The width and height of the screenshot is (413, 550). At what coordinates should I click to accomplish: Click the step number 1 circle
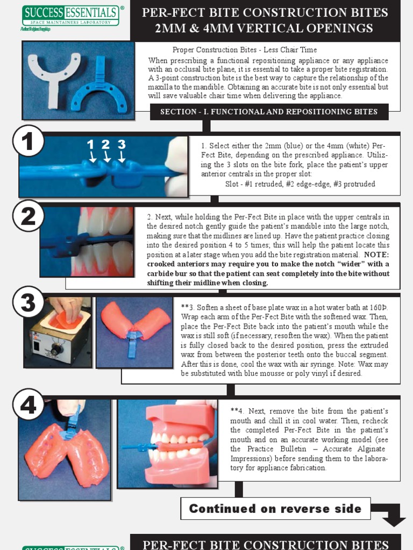[x=28, y=141]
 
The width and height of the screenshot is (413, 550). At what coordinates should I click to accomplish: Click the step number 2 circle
[x=28, y=215]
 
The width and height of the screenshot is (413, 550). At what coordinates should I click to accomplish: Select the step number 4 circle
[x=28, y=404]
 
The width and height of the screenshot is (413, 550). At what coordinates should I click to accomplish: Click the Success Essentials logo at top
[x=70, y=16]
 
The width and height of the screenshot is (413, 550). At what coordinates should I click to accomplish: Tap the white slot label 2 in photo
[x=106, y=144]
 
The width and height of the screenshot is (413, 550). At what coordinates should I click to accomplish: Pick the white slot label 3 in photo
[x=122, y=144]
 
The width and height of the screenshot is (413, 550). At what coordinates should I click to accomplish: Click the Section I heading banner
[x=269, y=112]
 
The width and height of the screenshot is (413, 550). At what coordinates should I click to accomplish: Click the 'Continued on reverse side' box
[x=275, y=508]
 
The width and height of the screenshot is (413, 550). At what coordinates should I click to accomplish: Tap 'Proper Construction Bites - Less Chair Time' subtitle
[x=245, y=50]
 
